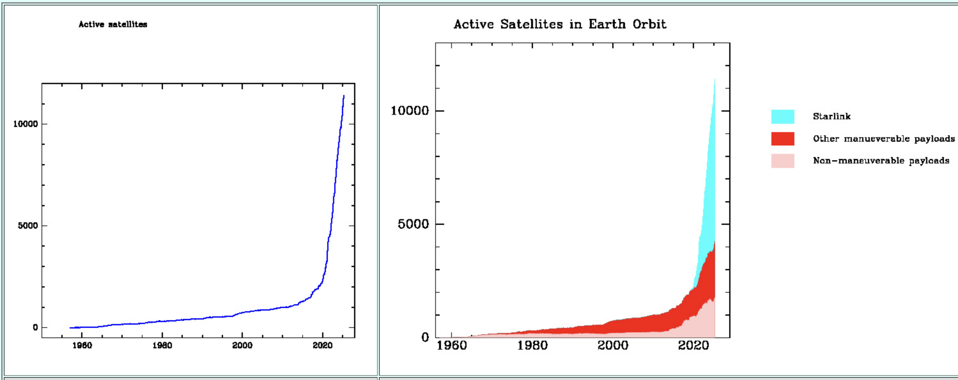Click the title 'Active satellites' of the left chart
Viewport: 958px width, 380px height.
pos(113,25)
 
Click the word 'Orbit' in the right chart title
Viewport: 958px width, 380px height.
pos(649,25)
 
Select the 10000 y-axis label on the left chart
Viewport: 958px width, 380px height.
pos(26,124)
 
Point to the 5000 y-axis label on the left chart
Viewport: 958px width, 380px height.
pos(28,226)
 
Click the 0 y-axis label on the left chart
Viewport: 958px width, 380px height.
pos(35,328)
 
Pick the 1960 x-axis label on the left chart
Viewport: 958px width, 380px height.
pos(82,345)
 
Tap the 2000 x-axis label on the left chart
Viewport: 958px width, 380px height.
pos(242,345)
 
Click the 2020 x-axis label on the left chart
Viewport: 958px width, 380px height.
pos(322,345)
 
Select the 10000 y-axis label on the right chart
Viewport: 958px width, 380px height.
pos(409,111)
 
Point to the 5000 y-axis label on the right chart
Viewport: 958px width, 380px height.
pos(413,224)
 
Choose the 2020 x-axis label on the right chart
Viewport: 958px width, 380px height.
pos(693,345)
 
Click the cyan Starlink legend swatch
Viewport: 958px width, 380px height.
pos(783,116)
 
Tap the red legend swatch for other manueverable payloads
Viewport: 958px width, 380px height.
pos(783,139)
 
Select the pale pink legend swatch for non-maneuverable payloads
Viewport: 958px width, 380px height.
pos(783,161)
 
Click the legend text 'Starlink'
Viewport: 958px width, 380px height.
pos(831,116)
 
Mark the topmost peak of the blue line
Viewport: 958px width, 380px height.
pos(344,96)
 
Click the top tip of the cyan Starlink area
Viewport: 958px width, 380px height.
pos(715,79)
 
